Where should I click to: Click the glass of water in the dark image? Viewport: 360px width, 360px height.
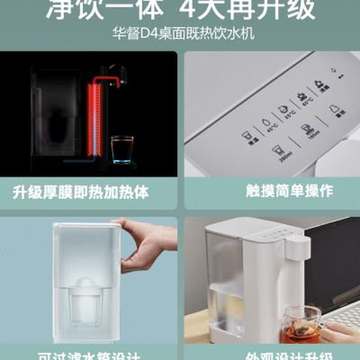click(121, 148)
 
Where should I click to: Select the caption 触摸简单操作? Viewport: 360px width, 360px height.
click(270, 192)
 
